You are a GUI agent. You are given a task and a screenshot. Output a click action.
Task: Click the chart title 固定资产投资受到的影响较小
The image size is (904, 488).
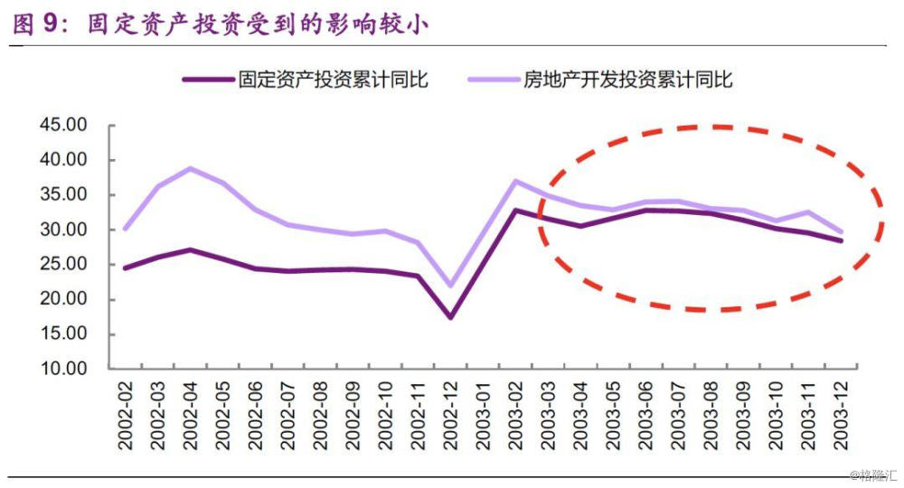(x=257, y=24)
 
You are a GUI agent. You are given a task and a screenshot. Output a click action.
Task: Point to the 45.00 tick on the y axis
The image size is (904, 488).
(x=63, y=125)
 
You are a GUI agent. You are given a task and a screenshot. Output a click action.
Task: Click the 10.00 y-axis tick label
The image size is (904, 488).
(x=63, y=369)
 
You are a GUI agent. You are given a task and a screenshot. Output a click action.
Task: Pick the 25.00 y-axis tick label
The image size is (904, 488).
(x=63, y=264)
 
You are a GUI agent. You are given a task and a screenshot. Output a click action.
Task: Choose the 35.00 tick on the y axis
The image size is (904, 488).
(x=63, y=194)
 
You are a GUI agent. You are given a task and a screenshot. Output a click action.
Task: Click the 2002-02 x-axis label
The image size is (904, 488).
(x=126, y=418)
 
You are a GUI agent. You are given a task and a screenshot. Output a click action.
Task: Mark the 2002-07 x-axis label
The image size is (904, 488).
(x=288, y=418)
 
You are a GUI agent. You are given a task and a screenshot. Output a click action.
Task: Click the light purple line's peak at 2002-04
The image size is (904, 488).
(x=190, y=168)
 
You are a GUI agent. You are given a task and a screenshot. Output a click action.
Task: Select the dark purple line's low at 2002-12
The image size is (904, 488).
(x=450, y=317)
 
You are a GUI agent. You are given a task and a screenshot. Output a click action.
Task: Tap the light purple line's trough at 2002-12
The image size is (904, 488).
(x=450, y=286)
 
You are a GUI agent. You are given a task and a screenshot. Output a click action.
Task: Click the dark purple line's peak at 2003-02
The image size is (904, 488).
(x=515, y=211)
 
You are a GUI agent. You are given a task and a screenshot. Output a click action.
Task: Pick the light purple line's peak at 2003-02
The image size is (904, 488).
(x=515, y=181)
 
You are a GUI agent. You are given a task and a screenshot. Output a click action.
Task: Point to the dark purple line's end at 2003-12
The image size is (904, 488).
(x=842, y=240)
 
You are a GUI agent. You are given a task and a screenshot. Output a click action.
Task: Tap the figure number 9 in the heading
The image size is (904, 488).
(x=51, y=24)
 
